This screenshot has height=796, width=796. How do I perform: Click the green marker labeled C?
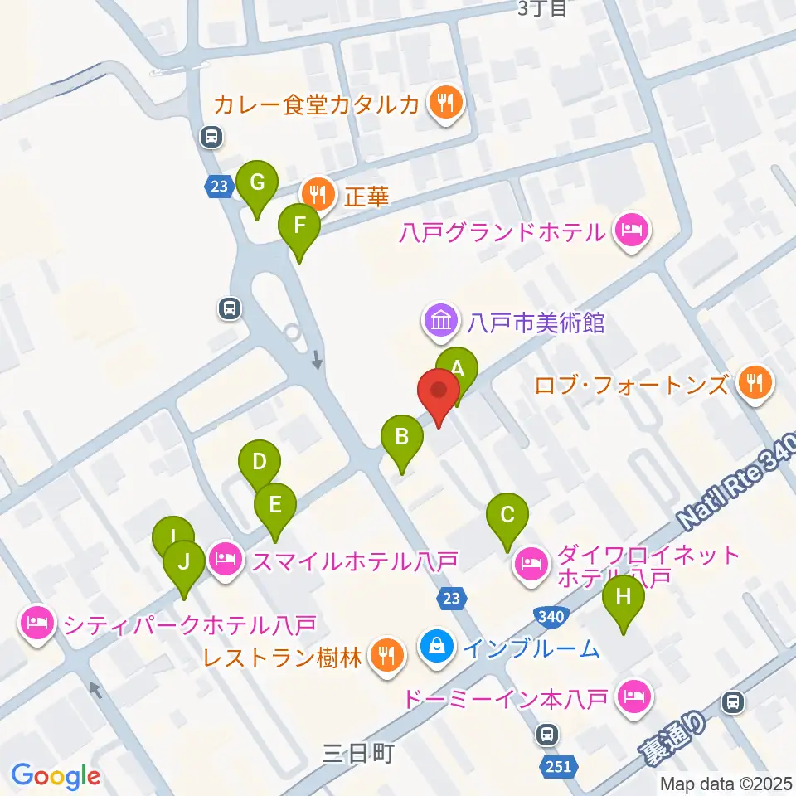click(507, 517)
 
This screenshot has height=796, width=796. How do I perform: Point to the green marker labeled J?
click(184, 564)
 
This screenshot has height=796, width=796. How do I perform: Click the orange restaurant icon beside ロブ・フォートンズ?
click(754, 383)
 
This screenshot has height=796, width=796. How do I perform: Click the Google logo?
click(56, 775)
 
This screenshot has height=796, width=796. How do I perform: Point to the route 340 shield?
click(552, 616)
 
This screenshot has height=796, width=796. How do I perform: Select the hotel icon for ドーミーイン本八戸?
click(635, 696)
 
